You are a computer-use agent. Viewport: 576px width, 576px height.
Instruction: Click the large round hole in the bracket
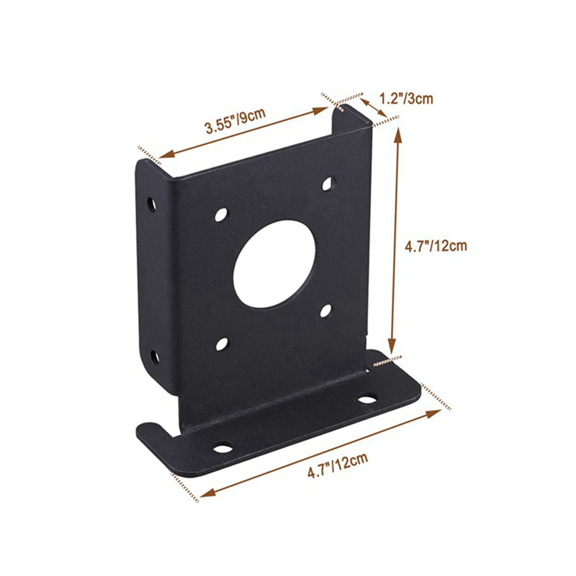tap(274, 264)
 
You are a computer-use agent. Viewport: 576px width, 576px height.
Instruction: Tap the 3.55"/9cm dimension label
tap(236, 120)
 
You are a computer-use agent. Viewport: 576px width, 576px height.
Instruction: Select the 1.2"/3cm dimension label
tap(406, 99)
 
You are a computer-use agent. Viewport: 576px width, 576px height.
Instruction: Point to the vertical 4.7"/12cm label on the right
tap(436, 246)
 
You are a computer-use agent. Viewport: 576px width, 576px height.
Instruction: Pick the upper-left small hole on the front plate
tap(221, 215)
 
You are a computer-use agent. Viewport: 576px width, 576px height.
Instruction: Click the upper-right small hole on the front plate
tap(328, 184)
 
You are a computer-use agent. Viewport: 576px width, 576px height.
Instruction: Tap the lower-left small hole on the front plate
tap(222, 344)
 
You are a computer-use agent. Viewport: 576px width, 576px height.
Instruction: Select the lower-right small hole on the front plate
tap(325, 311)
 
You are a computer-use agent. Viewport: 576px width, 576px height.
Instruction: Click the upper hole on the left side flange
tap(151, 205)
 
